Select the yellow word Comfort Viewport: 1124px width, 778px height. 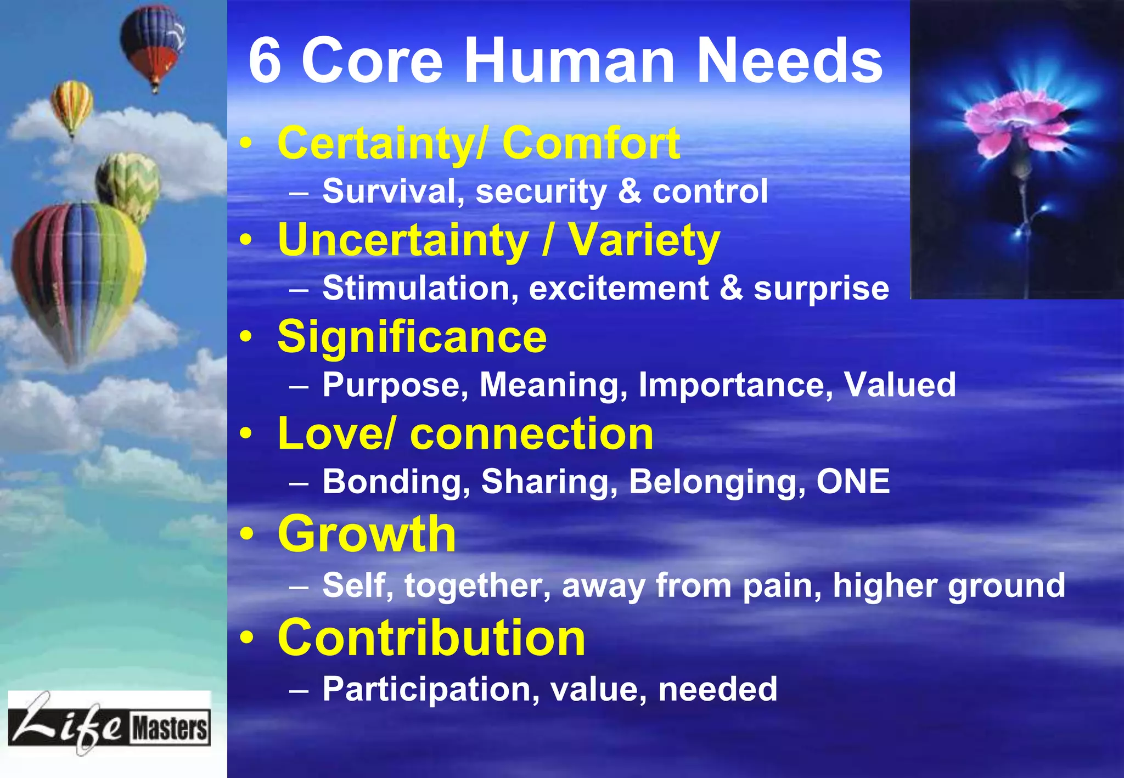[x=591, y=143]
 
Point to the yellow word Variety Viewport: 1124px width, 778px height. [x=643, y=240]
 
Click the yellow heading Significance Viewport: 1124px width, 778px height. [x=412, y=337]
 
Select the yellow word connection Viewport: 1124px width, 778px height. [x=531, y=433]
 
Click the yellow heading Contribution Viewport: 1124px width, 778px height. [x=431, y=638]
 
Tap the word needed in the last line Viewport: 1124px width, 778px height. [x=717, y=689]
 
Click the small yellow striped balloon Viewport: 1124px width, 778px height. [x=72, y=104]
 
